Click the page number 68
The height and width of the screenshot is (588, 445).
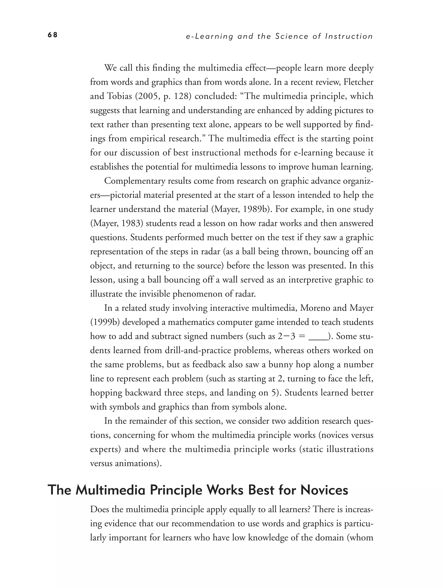pyautogui.click(x=53, y=35)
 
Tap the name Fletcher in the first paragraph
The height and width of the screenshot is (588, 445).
pyautogui.click(x=358, y=82)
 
